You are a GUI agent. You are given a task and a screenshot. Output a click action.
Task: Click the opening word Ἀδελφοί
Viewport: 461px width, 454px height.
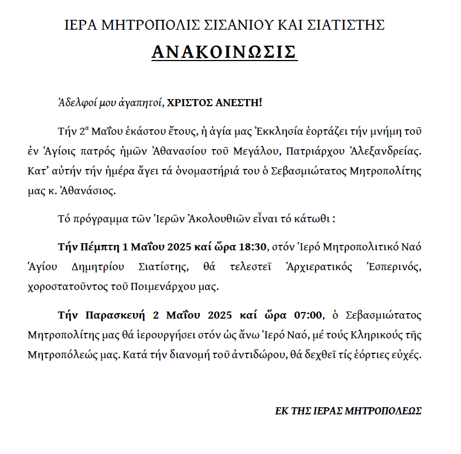click(74, 102)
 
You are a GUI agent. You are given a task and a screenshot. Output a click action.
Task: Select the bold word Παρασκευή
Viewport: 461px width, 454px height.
click(115, 315)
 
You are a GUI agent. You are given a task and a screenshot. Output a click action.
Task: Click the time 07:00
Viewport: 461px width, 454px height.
click(307, 315)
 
